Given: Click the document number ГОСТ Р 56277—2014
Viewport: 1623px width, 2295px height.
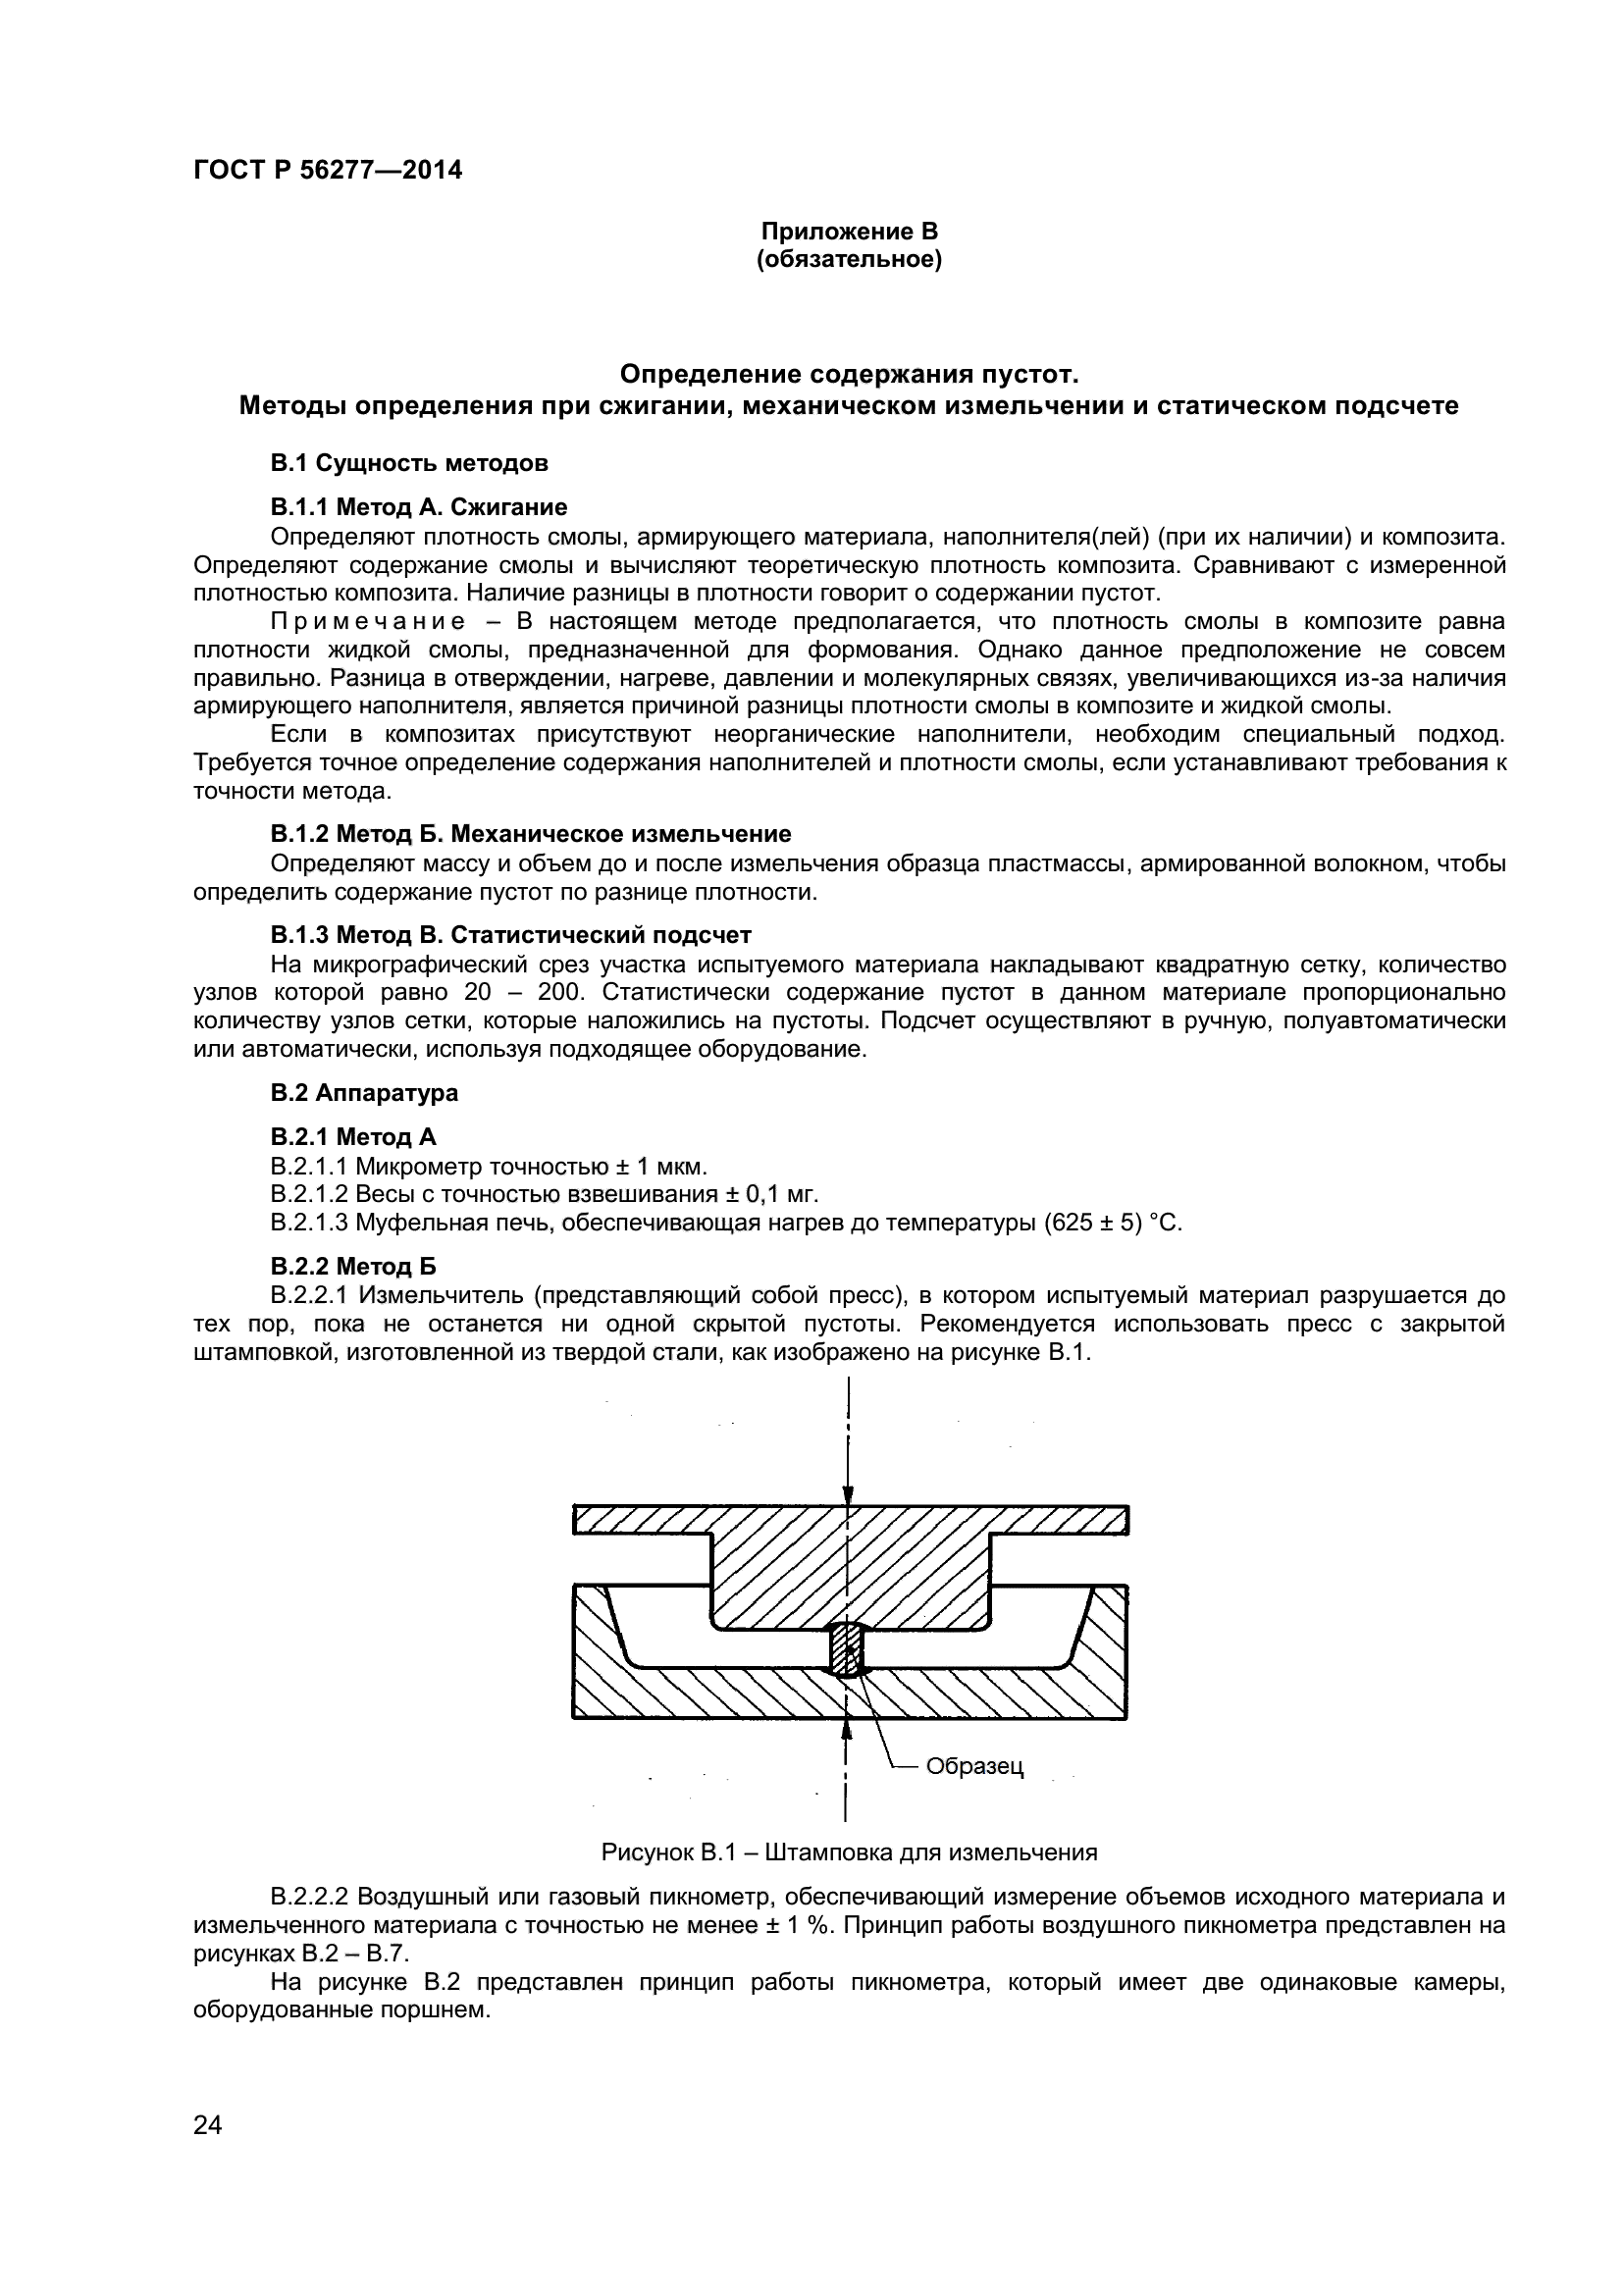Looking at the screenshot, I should pyautogui.click(x=328, y=171).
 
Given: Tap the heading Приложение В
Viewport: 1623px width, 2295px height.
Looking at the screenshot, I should pyautogui.click(x=849, y=232).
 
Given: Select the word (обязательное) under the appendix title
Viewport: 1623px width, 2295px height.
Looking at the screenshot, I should pyautogui.click(x=849, y=261).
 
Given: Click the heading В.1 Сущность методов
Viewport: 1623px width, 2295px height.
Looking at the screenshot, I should pyautogui.click(x=409, y=464).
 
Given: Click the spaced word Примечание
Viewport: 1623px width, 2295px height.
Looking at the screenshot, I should pyautogui.click(x=368, y=622).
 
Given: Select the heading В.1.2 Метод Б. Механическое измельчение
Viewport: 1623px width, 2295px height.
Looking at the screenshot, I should pyautogui.click(x=531, y=835).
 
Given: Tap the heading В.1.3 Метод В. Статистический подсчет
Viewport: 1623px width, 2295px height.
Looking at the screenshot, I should pyautogui.click(x=510, y=936).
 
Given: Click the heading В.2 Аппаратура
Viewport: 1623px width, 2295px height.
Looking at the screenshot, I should pyautogui.click(x=364, y=1093).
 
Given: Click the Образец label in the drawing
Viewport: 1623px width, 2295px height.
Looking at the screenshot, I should pyautogui.click(x=974, y=1766).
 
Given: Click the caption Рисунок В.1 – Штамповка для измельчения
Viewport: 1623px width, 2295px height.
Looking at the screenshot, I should pyautogui.click(x=849, y=1852).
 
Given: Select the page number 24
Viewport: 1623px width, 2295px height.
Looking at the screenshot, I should pyautogui.click(x=208, y=2153).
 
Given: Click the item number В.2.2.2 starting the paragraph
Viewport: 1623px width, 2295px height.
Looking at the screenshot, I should pyautogui.click(x=309, y=1898).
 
